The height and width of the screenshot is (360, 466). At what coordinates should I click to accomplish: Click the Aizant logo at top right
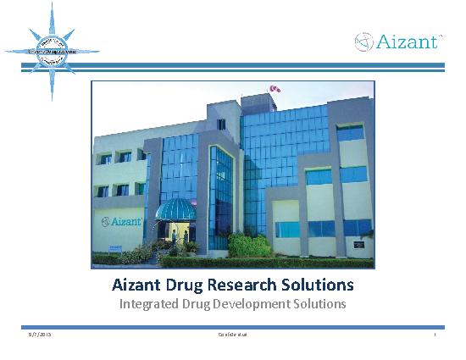(397, 42)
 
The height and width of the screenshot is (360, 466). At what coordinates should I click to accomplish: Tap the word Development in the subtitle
(252, 303)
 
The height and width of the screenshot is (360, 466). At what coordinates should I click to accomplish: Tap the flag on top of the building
(273, 88)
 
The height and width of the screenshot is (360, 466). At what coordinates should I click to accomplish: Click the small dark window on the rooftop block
(221, 124)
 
